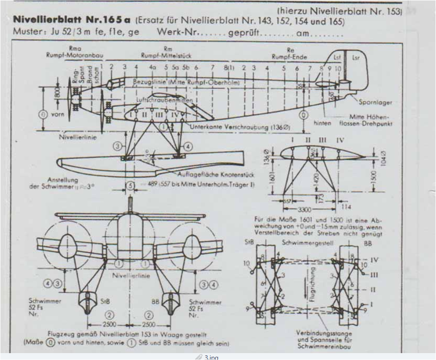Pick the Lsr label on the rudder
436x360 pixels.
[x=356, y=56]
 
